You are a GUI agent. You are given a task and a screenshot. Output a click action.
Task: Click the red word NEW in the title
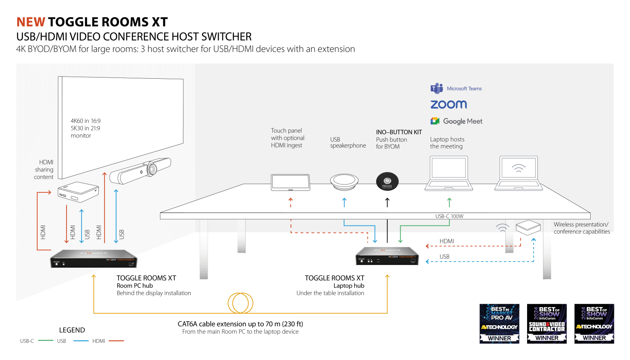[x=31, y=22]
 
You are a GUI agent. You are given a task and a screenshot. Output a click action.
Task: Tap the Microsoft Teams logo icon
[x=436, y=88]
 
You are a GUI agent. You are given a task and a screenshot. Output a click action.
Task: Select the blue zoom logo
[x=448, y=105]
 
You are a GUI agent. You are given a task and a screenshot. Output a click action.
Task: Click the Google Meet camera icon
[x=435, y=121]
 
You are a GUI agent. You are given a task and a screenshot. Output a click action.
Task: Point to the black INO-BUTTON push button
[x=387, y=181]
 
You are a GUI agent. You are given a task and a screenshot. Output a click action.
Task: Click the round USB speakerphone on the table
[x=344, y=182]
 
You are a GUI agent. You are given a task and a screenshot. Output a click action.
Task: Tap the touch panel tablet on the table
[x=290, y=182]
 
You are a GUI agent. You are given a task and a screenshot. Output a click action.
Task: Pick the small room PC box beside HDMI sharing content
[x=78, y=192]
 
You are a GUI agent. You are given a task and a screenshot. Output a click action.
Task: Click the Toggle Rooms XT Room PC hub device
[x=94, y=258]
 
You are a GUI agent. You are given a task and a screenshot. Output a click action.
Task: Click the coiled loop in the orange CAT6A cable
[x=241, y=303]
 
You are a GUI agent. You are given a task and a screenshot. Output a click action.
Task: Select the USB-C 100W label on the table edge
[x=449, y=216]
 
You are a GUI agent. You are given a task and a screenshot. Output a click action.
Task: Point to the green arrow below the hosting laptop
[x=449, y=202]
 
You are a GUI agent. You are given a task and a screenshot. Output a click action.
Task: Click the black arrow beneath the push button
[x=387, y=202]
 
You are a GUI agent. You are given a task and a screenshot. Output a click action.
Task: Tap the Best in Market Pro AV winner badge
[x=499, y=324]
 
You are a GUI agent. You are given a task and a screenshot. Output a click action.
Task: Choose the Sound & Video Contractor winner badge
[x=547, y=324]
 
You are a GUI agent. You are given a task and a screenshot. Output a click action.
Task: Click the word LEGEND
[x=72, y=330]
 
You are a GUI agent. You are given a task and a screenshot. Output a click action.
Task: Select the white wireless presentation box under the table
[x=527, y=227]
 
